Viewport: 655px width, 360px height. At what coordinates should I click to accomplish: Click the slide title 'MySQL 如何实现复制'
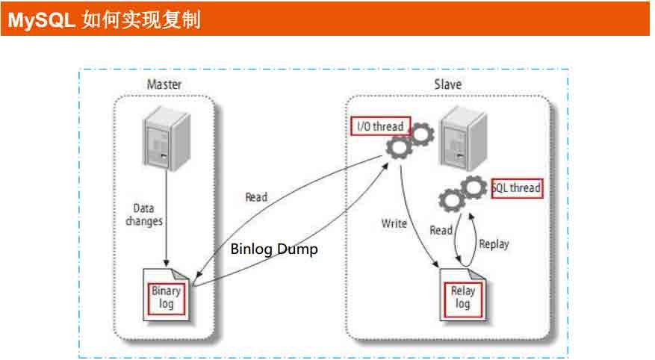(x=104, y=21)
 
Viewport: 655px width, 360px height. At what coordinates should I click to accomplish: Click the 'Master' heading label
(x=164, y=84)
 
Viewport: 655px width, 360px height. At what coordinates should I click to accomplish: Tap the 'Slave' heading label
(x=447, y=84)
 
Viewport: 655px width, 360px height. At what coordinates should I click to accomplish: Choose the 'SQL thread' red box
(x=516, y=188)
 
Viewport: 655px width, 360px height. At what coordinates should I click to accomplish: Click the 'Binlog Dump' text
(x=273, y=249)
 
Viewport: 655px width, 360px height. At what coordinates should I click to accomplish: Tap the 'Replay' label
(x=494, y=243)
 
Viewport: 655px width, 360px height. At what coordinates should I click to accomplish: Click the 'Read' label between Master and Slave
(x=256, y=198)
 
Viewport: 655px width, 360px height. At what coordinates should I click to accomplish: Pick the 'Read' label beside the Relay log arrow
(x=441, y=231)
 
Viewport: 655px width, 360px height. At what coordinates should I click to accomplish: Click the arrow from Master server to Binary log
(x=165, y=224)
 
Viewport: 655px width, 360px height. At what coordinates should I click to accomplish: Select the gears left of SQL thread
(x=461, y=193)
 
